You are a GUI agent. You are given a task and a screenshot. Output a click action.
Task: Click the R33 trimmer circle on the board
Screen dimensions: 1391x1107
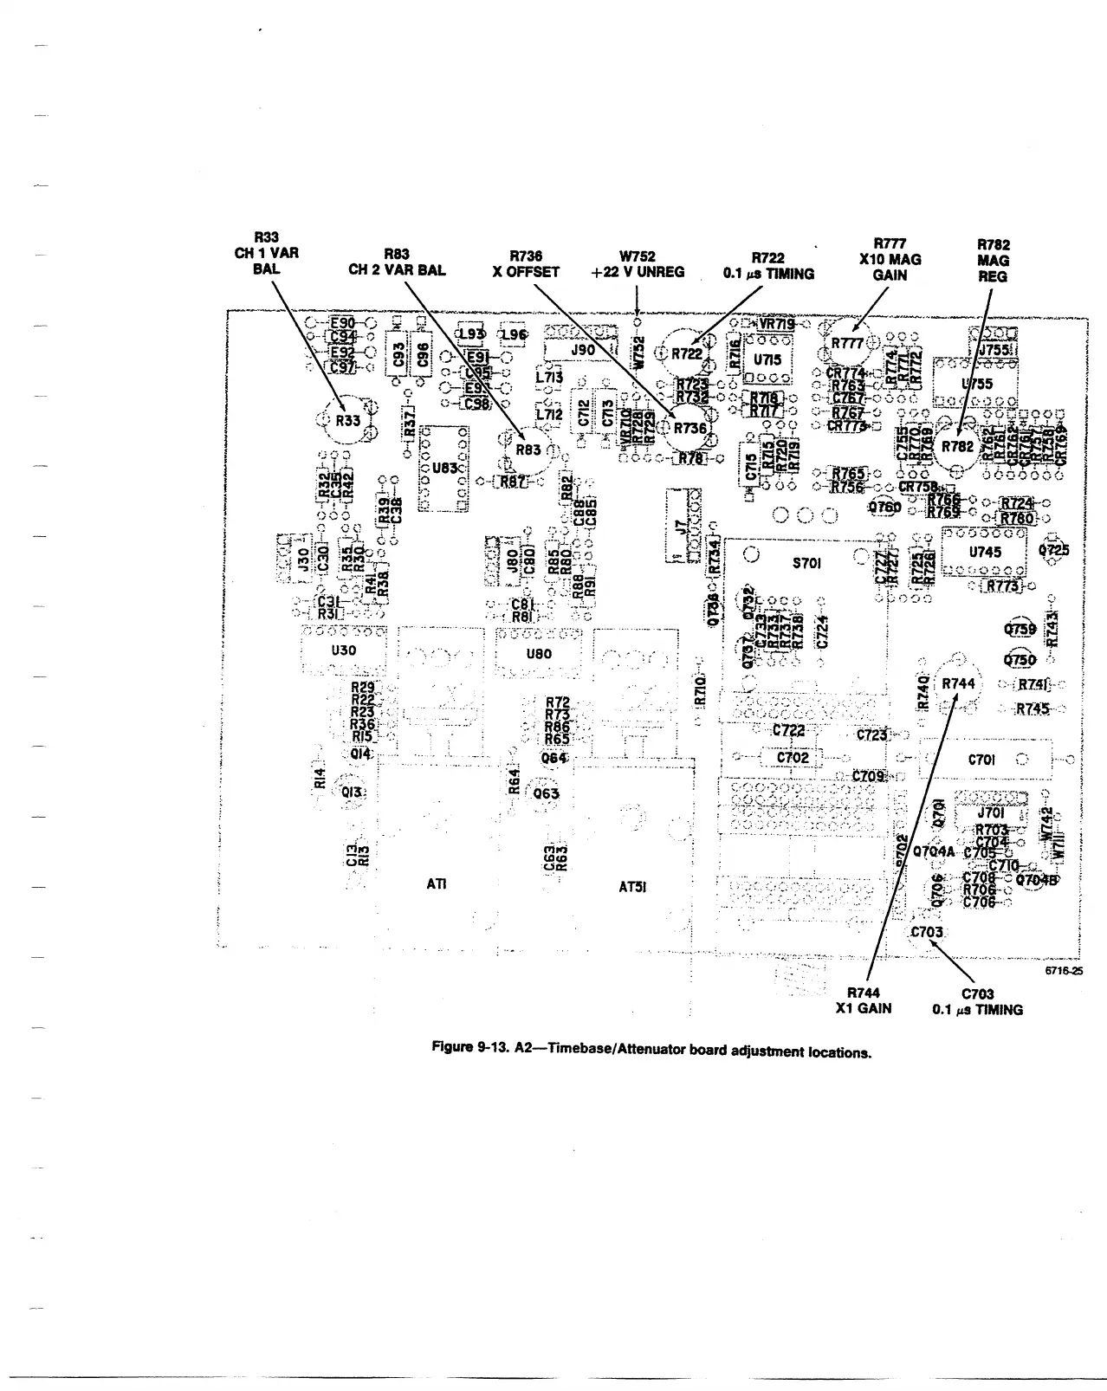(x=347, y=420)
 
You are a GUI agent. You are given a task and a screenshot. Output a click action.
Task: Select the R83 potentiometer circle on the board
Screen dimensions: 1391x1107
(x=528, y=450)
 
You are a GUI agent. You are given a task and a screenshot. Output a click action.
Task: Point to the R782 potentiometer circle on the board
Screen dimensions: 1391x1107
(x=957, y=446)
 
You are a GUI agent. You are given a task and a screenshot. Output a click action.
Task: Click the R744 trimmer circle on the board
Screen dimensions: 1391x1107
(x=958, y=683)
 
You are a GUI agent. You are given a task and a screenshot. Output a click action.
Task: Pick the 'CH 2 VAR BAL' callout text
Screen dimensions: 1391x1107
(x=397, y=270)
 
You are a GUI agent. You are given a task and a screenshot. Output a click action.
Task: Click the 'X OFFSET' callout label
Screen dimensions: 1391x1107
(x=526, y=272)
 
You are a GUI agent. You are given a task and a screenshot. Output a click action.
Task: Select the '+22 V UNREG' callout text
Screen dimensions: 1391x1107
(x=638, y=272)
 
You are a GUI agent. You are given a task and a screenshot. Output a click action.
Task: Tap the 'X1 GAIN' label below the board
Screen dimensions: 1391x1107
(x=863, y=1009)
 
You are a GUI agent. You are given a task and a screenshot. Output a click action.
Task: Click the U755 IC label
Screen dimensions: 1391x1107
(x=977, y=384)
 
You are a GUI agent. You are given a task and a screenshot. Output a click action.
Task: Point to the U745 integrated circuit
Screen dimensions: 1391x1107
(x=985, y=552)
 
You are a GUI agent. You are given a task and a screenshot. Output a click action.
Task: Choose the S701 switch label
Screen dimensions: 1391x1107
(x=807, y=563)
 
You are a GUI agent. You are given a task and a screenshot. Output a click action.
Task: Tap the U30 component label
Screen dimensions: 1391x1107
(x=344, y=650)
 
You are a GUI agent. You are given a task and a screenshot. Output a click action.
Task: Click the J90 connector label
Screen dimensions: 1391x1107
(x=583, y=349)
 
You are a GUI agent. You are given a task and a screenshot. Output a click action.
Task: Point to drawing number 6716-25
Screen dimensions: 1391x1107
(x=1063, y=971)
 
